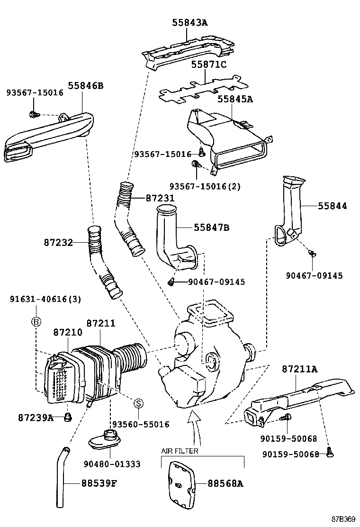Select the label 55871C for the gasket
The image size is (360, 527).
[x=209, y=64]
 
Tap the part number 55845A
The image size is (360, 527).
[x=235, y=99]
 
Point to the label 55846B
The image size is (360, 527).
[x=85, y=86]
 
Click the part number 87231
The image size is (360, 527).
[x=160, y=199]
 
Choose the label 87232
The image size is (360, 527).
[x=58, y=243]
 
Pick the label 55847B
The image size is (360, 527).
[x=211, y=228]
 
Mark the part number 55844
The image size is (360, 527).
[x=332, y=206]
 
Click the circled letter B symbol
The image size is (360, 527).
[x=36, y=322]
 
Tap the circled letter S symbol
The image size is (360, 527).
[x=138, y=403]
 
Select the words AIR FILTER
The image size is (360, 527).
[x=180, y=451]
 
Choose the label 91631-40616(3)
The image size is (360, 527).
[x=45, y=299]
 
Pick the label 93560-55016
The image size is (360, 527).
[x=140, y=425]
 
